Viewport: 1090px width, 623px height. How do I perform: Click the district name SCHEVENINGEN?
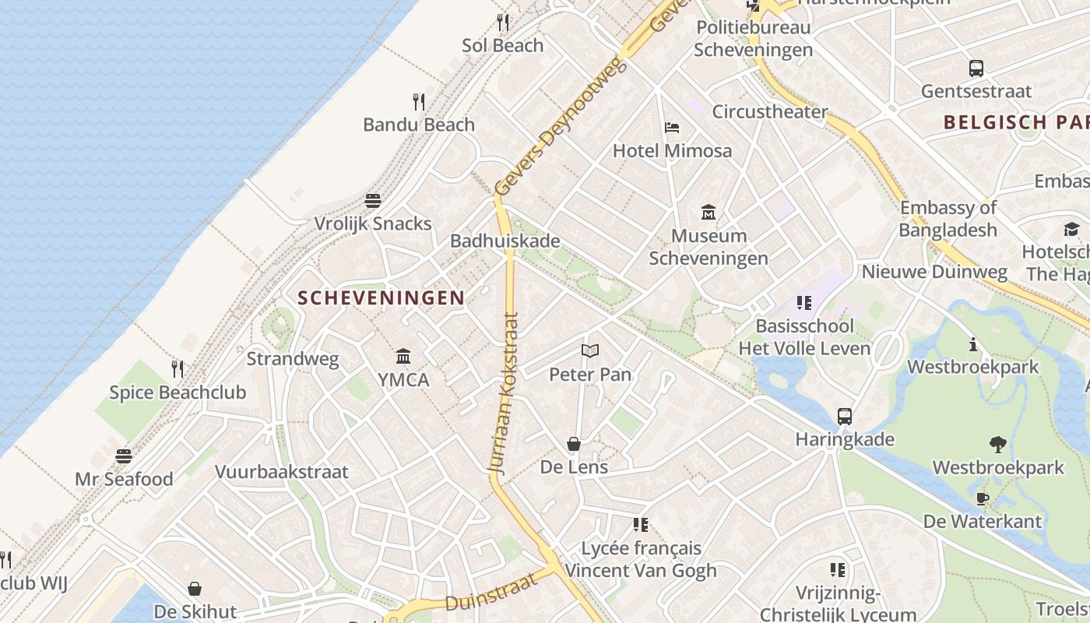[x=381, y=297]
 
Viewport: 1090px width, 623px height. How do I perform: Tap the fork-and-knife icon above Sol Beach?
[x=503, y=23]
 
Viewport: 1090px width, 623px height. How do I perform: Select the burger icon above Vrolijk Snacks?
[x=373, y=201]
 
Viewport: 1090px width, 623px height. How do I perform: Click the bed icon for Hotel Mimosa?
[x=672, y=128]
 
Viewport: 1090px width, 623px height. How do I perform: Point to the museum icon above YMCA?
[x=403, y=357]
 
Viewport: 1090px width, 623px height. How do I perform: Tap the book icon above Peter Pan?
[x=590, y=351]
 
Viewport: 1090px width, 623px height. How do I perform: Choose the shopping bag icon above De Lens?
[x=574, y=444]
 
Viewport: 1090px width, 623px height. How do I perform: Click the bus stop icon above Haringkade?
[x=845, y=417]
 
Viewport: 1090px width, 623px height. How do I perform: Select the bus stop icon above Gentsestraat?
[x=976, y=69]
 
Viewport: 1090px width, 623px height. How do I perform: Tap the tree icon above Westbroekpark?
[x=998, y=445]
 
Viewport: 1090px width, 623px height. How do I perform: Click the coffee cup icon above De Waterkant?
[x=983, y=498]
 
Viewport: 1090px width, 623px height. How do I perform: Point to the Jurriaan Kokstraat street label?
[x=503, y=393]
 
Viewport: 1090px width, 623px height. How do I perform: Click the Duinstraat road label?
[x=491, y=593]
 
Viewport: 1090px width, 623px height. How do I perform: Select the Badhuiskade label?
[x=505, y=241]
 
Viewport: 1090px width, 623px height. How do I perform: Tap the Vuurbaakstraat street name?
[x=282, y=472]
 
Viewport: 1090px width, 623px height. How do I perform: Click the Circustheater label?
[x=769, y=111]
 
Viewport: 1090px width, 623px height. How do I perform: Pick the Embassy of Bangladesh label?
[x=948, y=219]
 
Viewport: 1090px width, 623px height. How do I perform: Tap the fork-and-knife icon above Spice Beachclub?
[x=178, y=368]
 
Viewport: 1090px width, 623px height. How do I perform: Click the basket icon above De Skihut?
[x=195, y=590]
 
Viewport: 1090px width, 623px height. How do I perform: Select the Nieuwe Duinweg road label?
[x=934, y=272]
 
